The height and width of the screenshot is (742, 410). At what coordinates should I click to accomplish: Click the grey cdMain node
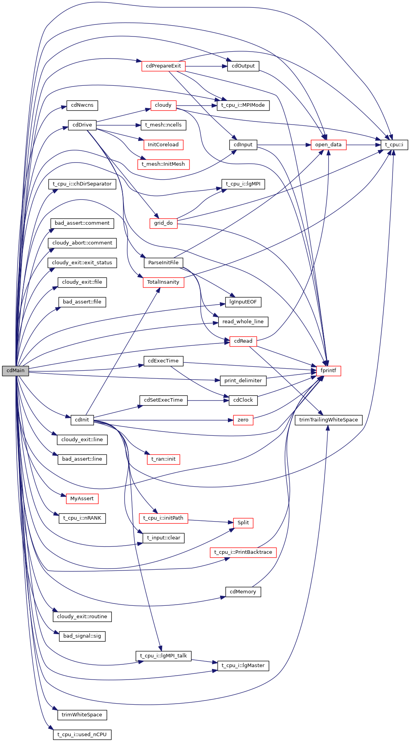(x=15, y=371)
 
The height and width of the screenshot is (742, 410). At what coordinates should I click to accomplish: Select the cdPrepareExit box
(x=163, y=66)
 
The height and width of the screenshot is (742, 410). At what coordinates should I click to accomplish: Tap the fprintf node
(x=328, y=371)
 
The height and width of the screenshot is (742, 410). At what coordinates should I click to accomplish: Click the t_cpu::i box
(x=394, y=145)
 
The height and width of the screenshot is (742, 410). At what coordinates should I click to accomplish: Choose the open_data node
(x=328, y=145)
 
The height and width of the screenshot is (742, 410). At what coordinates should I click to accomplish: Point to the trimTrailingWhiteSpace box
(x=328, y=420)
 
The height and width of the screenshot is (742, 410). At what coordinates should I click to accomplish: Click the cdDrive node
(x=82, y=125)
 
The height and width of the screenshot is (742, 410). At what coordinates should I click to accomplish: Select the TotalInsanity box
(x=163, y=282)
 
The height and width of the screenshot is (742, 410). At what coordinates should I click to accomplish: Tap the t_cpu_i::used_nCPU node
(x=82, y=735)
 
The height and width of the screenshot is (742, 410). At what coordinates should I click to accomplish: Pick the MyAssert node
(x=82, y=499)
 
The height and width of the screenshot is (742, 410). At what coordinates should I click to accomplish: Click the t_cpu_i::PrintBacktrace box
(x=243, y=552)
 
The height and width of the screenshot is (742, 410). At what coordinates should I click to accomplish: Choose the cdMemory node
(x=243, y=592)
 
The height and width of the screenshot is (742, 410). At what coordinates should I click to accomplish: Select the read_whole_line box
(x=243, y=322)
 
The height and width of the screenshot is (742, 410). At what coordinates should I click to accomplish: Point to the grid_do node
(x=163, y=223)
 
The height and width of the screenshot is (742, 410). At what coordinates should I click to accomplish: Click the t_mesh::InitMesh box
(x=163, y=164)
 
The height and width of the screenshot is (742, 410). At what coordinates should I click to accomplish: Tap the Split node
(x=243, y=523)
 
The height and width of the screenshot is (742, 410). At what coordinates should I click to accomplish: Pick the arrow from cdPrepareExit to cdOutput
(x=206, y=66)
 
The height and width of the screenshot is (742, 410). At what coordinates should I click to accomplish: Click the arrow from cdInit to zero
(x=163, y=420)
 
